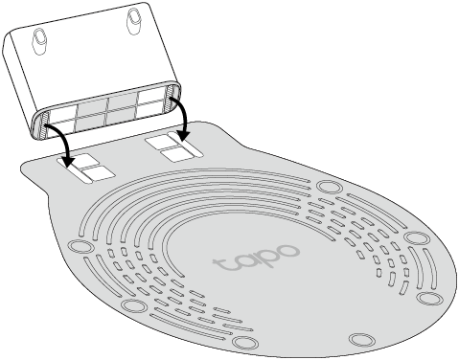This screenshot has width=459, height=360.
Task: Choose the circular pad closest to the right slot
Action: [x=326, y=187]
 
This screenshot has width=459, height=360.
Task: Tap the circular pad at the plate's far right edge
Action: [x=416, y=237]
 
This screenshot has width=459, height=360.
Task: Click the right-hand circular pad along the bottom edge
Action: [x=359, y=339]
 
